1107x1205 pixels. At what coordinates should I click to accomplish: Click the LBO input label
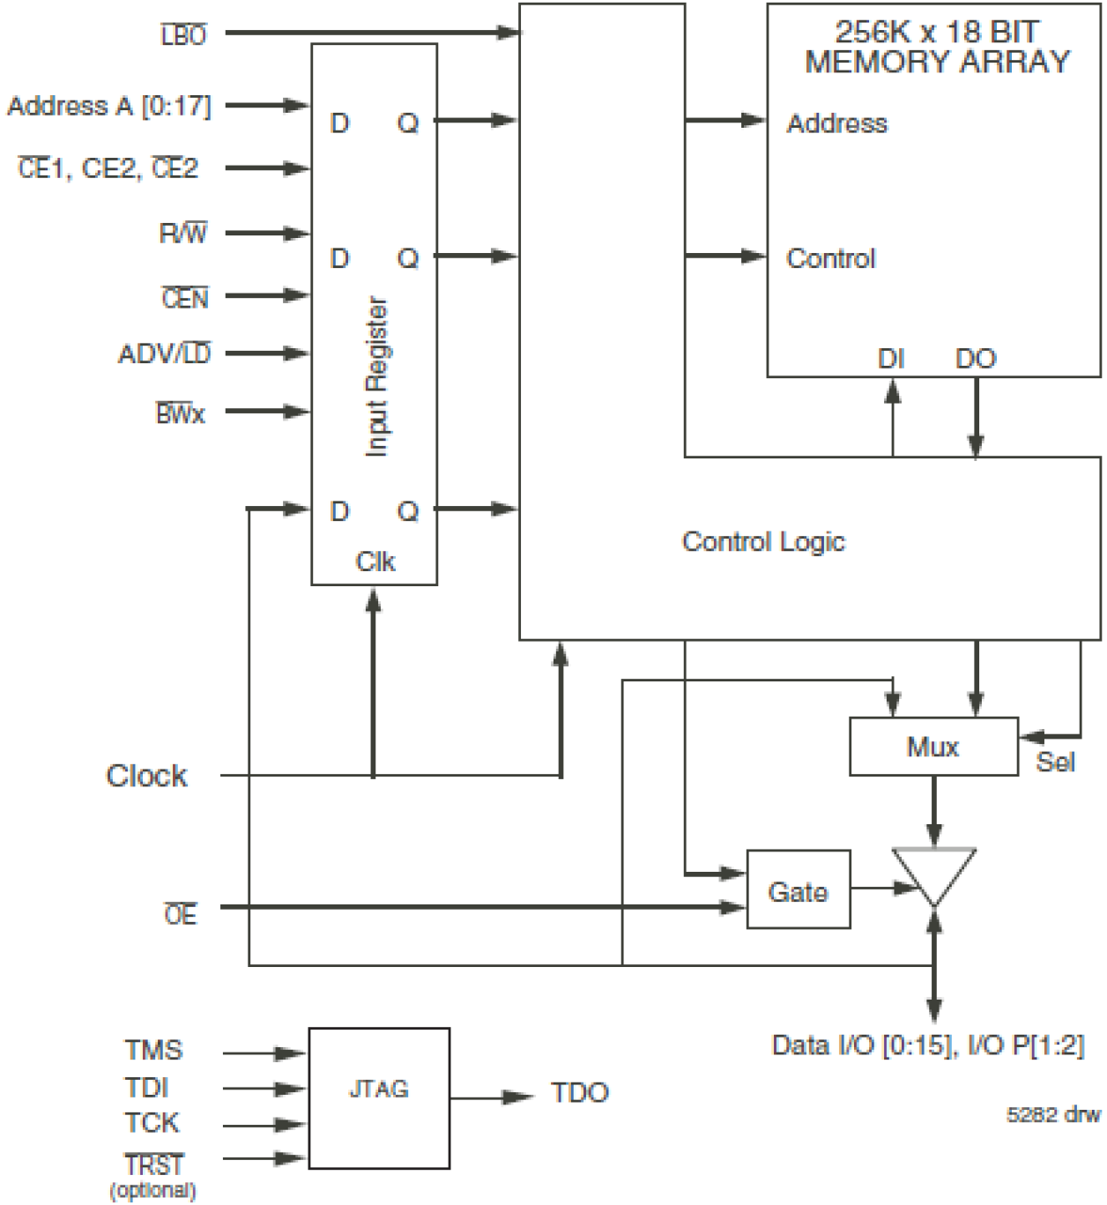(183, 35)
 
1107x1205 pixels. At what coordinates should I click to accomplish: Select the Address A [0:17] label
(109, 106)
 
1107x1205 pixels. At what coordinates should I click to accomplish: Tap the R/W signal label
(182, 234)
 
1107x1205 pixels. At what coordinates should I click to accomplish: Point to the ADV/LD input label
(164, 353)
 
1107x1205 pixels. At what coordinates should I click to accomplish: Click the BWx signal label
(181, 413)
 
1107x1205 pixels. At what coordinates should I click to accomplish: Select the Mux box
(933, 747)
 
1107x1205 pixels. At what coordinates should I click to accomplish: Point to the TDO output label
(579, 1093)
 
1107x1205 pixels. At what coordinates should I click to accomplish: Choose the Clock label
(146, 776)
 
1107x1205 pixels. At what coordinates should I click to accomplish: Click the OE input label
(181, 915)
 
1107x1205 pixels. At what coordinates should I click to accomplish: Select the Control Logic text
(763, 541)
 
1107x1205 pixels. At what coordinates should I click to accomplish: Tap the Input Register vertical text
(376, 376)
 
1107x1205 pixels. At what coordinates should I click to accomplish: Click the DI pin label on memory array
(890, 359)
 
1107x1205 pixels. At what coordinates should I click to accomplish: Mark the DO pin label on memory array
(975, 359)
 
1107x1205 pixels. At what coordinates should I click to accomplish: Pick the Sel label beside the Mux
(1055, 762)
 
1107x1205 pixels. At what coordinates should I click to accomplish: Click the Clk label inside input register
(375, 562)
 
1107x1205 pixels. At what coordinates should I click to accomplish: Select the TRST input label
(154, 1164)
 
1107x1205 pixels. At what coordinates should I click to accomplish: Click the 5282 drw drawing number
(1053, 1115)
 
